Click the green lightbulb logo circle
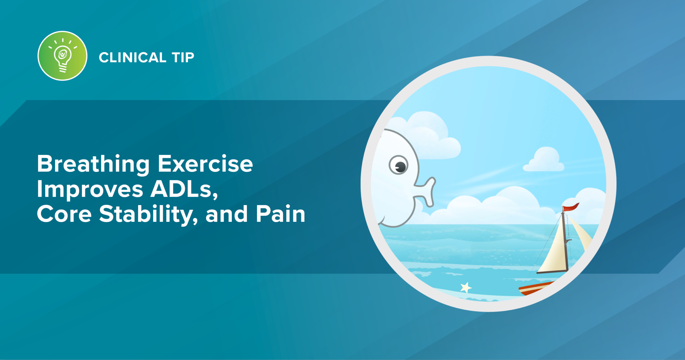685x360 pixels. tap(63, 56)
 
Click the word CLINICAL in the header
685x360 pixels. tap(132, 58)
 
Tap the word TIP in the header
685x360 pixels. tap(183, 58)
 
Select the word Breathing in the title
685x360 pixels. tap(93, 165)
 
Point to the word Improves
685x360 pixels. tap(90, 190)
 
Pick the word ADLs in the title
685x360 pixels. tap(184, 189)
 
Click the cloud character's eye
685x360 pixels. tap(399, 165)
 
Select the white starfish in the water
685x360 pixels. tap(466, 287)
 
